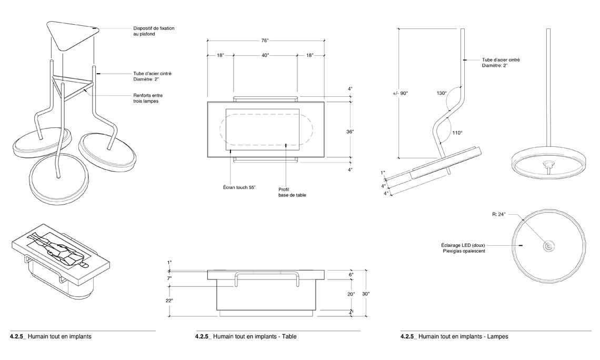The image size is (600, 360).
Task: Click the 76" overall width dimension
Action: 265,40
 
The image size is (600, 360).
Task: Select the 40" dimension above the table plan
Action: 265,55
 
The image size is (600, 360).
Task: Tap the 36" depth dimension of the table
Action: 349,132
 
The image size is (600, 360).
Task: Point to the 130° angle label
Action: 442,93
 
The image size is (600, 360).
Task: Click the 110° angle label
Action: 457,133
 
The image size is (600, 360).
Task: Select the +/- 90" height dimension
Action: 400,93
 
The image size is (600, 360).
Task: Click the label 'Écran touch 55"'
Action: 238,187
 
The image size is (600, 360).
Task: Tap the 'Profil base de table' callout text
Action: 292,192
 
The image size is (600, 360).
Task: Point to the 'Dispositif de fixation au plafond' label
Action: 154,31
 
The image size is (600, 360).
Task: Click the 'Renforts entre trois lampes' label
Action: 148,98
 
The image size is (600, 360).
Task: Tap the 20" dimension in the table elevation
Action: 351,294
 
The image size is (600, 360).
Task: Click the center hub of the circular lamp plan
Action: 548,246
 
